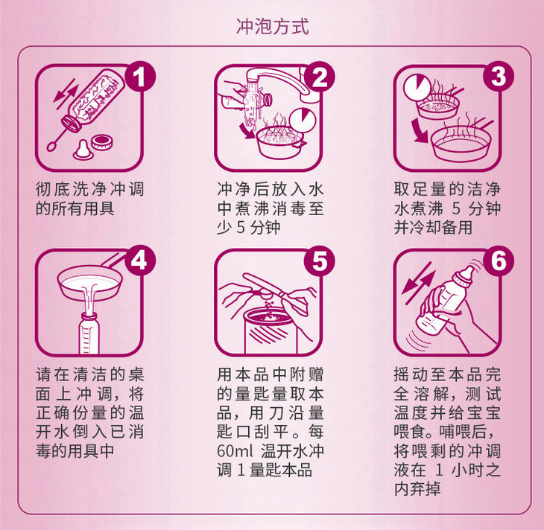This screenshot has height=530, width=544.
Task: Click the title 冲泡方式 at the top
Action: [x=272, y=27]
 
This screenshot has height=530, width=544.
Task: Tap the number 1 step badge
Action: [x=139, y=76]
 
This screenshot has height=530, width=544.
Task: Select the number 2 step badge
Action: [x=320, y=76]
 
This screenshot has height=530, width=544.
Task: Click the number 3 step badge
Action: [x=499, y=76]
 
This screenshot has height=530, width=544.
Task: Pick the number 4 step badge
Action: [x=139, y=261]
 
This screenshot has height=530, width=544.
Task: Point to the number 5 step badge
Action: [x=320, y=261]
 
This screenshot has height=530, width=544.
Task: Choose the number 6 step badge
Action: [x=499, y=261]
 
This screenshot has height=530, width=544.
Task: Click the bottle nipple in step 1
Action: [x=83, y=150]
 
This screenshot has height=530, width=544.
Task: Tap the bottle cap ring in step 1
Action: [x=102, y=142]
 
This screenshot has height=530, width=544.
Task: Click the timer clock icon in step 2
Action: [x=303, y=121]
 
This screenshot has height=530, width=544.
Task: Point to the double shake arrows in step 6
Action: [x=418, y=283]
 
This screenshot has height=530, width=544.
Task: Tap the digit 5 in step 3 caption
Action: [x=456, y=208]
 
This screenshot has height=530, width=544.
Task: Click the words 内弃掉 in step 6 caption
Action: [x=417, y=489]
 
